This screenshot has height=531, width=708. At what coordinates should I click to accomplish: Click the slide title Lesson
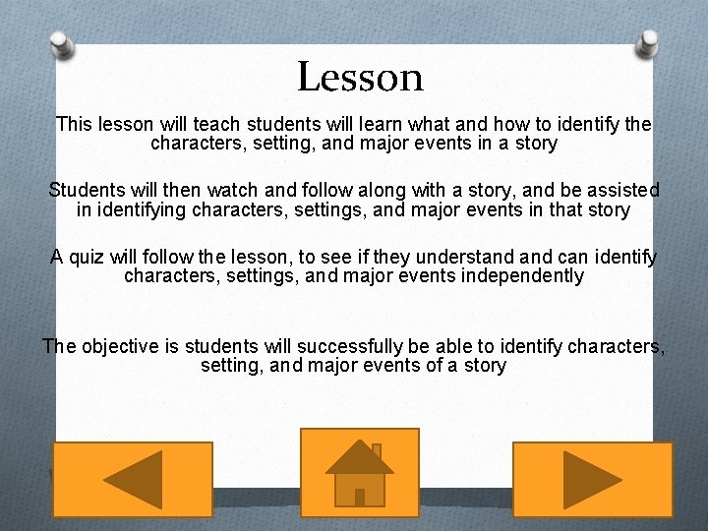tap(360, 77)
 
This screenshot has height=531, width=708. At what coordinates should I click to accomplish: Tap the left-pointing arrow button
tap(132, 479)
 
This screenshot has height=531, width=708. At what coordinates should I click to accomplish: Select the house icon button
tap(360, 473)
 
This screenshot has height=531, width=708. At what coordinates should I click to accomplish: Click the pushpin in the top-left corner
tap(62, 42)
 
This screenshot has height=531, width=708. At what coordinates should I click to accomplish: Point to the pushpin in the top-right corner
tap(649, 42)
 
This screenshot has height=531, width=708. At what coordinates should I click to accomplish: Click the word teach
tap(217, 125)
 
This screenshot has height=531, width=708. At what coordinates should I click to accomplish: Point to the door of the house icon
tap(360, 497)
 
